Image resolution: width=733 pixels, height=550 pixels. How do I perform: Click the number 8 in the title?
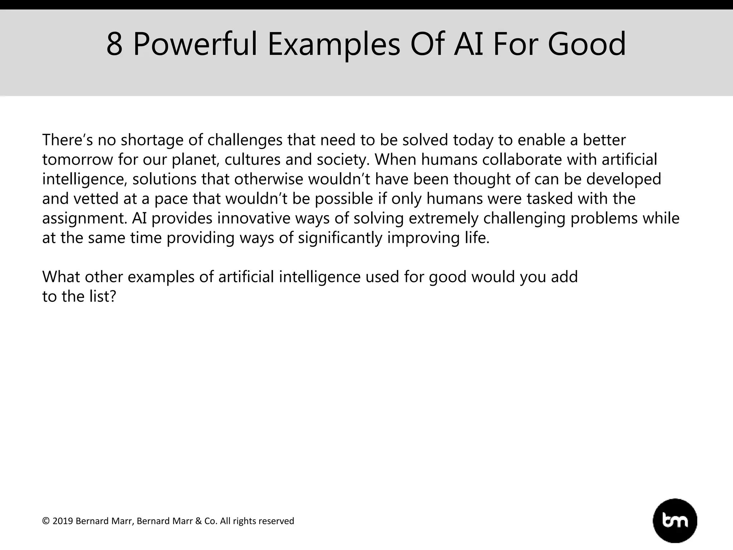(115, 44)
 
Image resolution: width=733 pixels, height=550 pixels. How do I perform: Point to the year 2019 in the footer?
(63, 521)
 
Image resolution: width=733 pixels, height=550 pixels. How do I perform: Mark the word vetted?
(96, 199)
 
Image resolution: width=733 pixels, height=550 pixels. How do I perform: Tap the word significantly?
(340, 238)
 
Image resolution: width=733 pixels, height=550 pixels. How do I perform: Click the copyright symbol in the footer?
(46, 521)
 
